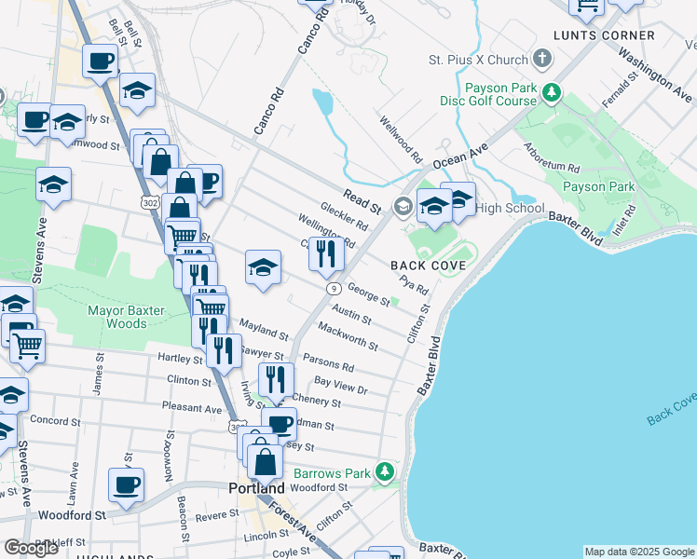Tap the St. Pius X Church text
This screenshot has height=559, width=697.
tap(478, 61)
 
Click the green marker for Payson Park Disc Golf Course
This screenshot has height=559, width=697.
tap(553, 93)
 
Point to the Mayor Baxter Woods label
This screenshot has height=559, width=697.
tap(126, 317)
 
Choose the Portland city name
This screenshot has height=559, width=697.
tap(256, 488)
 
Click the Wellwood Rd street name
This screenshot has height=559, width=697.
tap(401, 138)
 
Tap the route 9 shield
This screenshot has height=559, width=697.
tap(332, 288)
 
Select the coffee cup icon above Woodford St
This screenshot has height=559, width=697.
tap(126, 484)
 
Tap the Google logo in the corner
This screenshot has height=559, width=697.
tap(32, 548)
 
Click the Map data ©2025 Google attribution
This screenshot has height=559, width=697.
tap(638, 552)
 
